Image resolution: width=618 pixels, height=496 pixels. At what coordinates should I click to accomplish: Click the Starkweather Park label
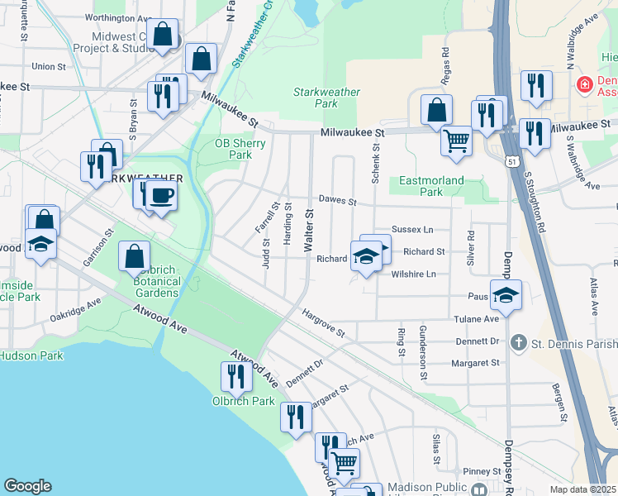[x=326, y=98]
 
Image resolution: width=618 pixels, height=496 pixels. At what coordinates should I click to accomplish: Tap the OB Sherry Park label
[x=240, y=149]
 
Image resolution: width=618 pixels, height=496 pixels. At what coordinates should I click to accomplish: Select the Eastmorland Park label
[x=431, y=186]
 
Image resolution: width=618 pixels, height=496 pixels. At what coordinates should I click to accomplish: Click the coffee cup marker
[x=162, y=196]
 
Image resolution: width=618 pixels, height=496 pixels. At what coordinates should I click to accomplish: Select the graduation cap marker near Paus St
[x=506, y=294]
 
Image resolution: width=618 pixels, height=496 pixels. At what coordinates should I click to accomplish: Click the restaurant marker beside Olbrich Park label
[x=237, y=376]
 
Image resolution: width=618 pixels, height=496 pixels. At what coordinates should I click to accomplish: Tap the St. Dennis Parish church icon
[x=518, y=341]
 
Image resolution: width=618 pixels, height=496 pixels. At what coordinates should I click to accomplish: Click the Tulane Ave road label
[x=476, y=319]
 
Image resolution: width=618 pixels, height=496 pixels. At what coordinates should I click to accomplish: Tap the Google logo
[x=27, y=486]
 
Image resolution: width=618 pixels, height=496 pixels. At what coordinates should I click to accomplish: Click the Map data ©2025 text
[x=583, y=489]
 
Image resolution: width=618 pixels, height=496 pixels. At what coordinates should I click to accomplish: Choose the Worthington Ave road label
[x=118, y=17]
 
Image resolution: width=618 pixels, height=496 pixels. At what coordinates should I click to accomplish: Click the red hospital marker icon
[x=584, y=83]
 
